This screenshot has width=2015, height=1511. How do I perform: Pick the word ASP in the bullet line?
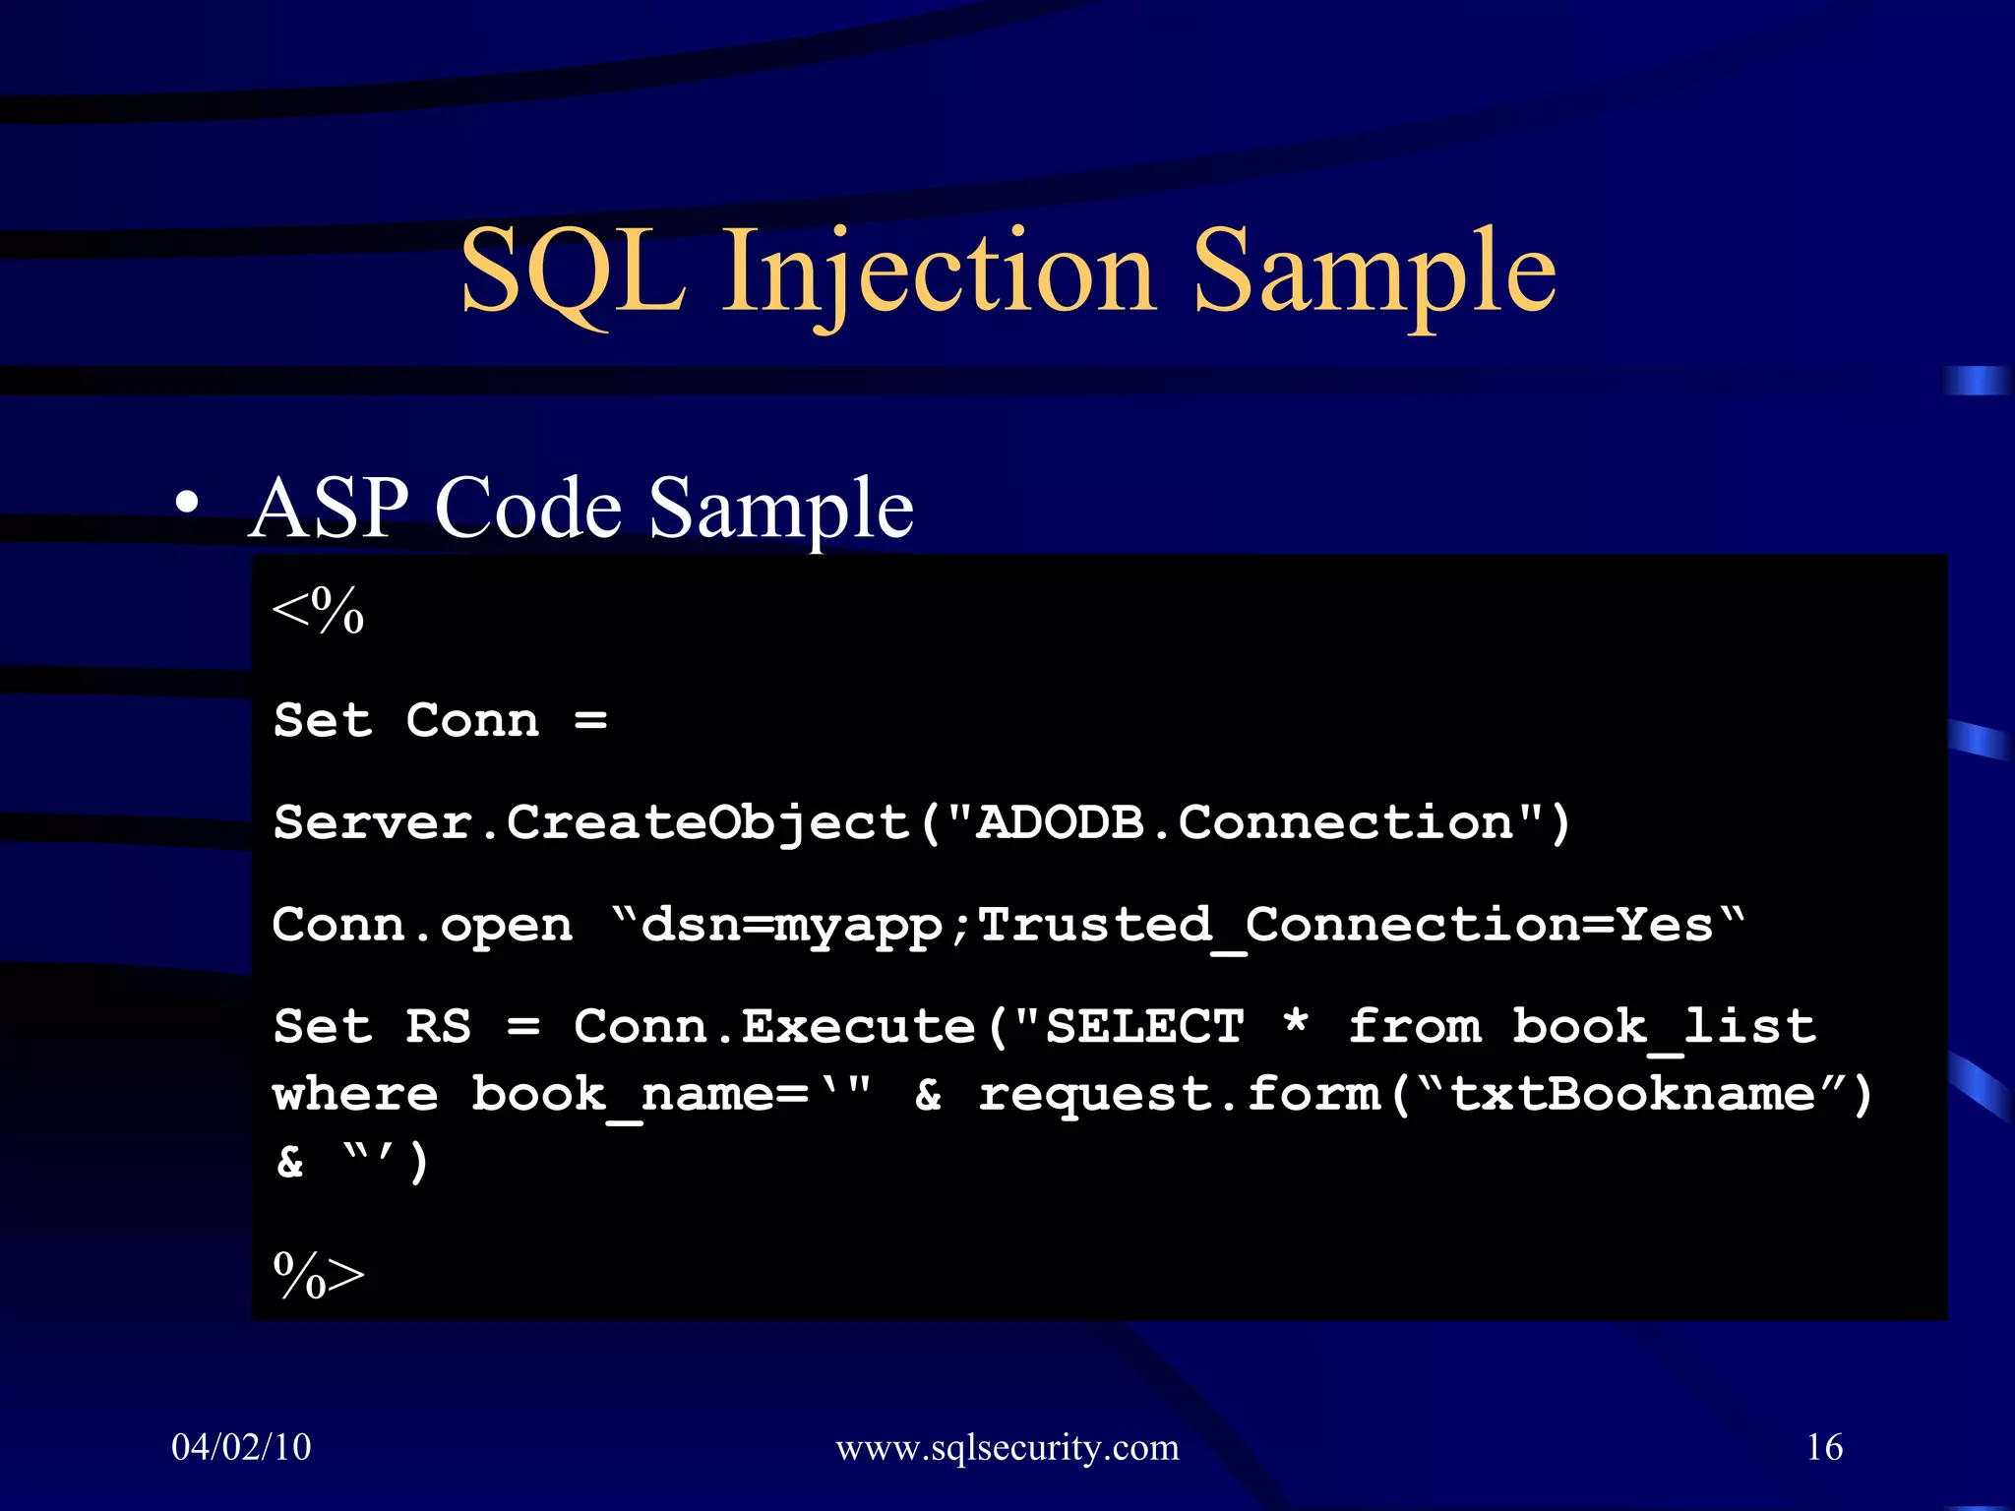coord(329,509)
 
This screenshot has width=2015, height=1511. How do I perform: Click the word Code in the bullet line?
coord(527,509)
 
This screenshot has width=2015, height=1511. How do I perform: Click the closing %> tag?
coord(318,1275)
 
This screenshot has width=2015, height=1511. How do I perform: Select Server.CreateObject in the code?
coord(590,822)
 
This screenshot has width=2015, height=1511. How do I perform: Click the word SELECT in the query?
coord(1144,1027)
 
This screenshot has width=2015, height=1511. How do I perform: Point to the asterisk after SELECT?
coord(1296,1023)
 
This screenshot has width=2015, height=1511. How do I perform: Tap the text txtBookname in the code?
coord(1633,1094)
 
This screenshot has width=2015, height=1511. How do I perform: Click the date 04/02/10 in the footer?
coord(241,1447)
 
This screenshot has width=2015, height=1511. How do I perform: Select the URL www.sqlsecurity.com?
coord(1007,1448)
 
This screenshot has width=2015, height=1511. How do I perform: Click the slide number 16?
coord(1824,1447)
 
